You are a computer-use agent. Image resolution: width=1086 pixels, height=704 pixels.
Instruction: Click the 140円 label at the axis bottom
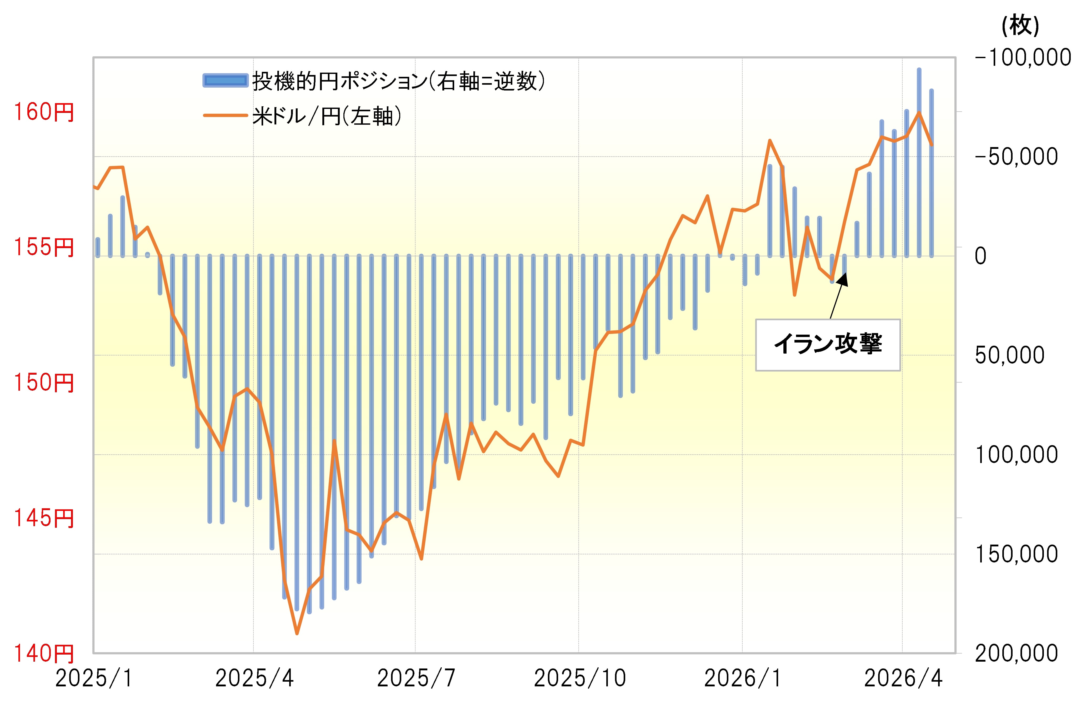pos(44,653)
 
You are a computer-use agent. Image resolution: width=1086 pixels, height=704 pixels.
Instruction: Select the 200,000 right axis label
pos(1016,653)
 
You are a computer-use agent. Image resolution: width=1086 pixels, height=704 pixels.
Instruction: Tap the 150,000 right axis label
pos(1016,554)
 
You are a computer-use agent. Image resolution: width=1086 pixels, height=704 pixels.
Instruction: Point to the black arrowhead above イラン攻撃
pos(843,278)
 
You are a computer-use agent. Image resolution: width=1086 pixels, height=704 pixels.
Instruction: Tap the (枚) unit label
pos(1020,26)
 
